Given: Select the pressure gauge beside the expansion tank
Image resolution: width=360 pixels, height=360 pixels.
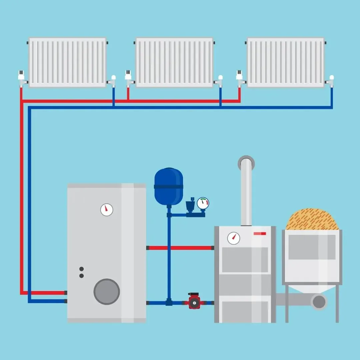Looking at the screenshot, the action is coord(203,203).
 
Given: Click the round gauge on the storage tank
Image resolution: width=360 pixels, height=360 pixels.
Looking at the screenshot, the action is coord(107,210).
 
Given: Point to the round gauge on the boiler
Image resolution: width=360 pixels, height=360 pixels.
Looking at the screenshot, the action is coord(234,238).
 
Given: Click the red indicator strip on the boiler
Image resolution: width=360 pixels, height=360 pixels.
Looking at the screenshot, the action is coord(260,233).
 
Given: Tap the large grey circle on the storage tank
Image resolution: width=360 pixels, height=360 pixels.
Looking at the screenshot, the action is coord(107,291).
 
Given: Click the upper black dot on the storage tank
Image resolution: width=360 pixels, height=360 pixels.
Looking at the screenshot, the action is coord(81,269).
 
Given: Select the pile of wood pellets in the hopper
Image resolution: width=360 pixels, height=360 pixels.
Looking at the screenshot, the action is coord(312,220).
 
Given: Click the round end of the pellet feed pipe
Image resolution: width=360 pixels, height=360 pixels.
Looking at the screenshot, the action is coord(319,301).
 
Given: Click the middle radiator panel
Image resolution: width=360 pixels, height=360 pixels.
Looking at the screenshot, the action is coord(174,62).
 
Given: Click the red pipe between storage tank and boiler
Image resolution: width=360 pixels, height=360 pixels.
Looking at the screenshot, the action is coord(180,248).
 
